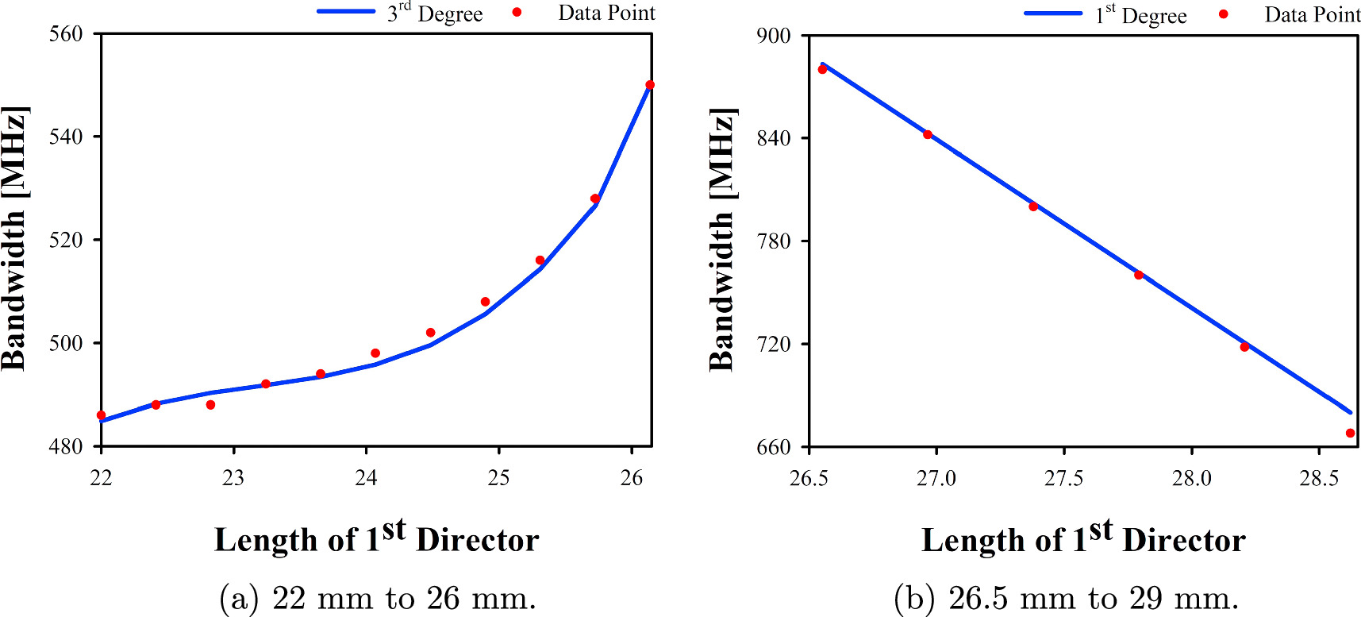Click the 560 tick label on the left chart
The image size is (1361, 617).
pyautogui.click(x=66, y=34)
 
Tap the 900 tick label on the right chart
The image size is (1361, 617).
pyautogui.click(x=774, y=36)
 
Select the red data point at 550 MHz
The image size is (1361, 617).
pyautogui.click(x=650, y=85)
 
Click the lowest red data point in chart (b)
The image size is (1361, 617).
pyautogui.click(x=1350, y=434)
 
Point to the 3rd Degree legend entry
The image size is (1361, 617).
pyautogui.click(x=401, y=13)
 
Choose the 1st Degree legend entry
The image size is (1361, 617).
pyautogui.click(x=1106, y=14)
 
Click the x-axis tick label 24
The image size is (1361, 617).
pyautogui.click(x=366, y=478)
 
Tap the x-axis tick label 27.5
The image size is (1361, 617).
pyautogui.click(x=1063, y=478)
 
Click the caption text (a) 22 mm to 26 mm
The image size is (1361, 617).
pyautogui.click(x=378, y=598)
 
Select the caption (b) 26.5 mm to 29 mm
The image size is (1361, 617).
pyautogui.click(x=1066, y=598)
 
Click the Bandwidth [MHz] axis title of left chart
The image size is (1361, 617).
pyautogui.click(x=14, y=238)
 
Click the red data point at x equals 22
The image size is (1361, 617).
pyautogui.click(x=101, y=415)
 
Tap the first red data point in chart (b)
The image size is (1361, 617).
pyautogui.click(x=822, y=70)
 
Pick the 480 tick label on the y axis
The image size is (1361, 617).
pyautogui.click(x=66, y=447)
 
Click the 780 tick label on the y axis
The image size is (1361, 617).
pyautogui.click(x=774, y=241)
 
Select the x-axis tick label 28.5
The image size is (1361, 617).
pyautogui.click(x=1318, y=478)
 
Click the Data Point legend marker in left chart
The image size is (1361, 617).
pyautogui.click(x=517, y=12)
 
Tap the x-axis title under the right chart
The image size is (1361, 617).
pyautogui.click(x=1083, y=538)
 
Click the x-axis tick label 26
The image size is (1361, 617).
pyautogui.click(x=632, y=478)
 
